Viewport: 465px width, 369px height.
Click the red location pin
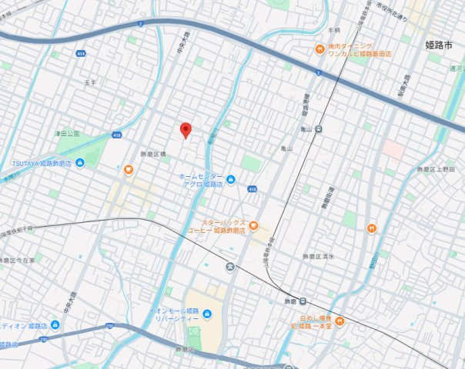click(185, 130)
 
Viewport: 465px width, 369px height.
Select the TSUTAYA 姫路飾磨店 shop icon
click(79, 164)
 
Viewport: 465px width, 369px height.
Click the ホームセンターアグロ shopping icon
click(231, 179)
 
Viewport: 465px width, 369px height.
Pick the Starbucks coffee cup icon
click(253, 226)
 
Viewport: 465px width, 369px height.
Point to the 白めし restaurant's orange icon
click(339, 321)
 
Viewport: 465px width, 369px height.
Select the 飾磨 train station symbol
click(304, 301)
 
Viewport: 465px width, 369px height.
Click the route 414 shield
click(81, 53)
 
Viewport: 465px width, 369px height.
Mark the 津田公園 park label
click(67, 133)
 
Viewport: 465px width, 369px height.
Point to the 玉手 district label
click(89, 82)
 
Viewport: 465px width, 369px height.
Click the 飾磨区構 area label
click(153, 155)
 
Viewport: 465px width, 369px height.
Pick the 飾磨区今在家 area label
click(17, 260)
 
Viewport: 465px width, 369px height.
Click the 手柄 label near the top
click(333, 31)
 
